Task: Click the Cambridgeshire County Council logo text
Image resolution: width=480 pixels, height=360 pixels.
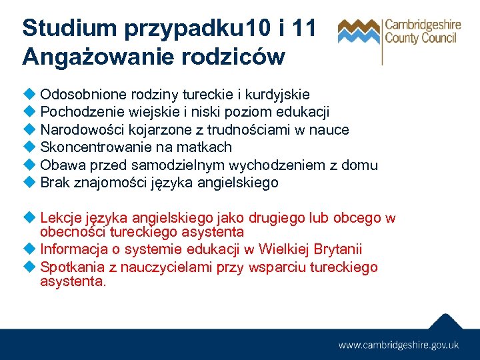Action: (x=422, y=31)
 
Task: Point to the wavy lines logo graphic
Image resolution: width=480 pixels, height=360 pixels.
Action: (x=359, y=31)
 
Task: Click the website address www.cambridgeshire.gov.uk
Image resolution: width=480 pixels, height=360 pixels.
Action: (x=399, y=345)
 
